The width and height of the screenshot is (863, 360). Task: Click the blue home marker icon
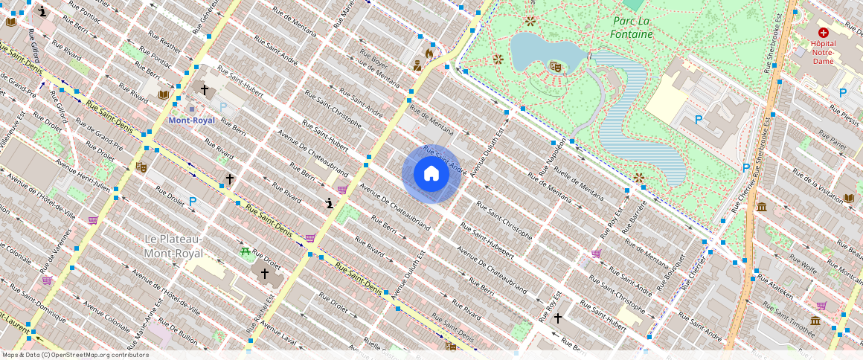click(x=431, y=174)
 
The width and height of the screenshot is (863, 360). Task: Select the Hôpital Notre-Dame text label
click(x=823, y=52)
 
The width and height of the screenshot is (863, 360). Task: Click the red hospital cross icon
click(x=823, y=33)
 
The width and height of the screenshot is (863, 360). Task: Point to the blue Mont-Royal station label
click(x=191, y=120)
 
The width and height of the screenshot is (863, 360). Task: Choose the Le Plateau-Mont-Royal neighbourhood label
click(x=173, y=246)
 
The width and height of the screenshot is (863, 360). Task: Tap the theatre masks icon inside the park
click(x=554, y=66)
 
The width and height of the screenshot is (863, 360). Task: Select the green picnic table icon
click(x=245, y=251)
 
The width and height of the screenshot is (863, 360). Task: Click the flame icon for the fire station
click(x=429, y=53)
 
